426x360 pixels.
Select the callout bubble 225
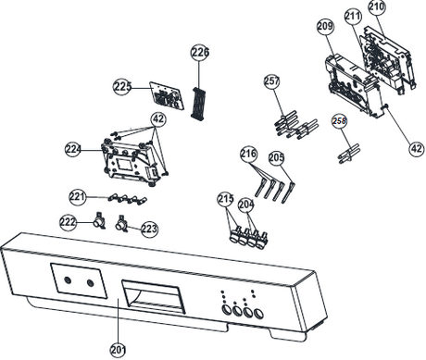(123, 87)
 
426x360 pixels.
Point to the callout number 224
(74, 148)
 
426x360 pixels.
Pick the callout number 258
(339, 120)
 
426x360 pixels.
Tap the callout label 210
(376, 8)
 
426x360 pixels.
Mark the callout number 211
(353, 16)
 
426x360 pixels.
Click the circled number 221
(80, 195)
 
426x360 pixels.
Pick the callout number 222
(68, 222)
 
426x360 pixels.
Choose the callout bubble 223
(149, 228)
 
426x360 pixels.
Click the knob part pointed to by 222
(97, 220)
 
